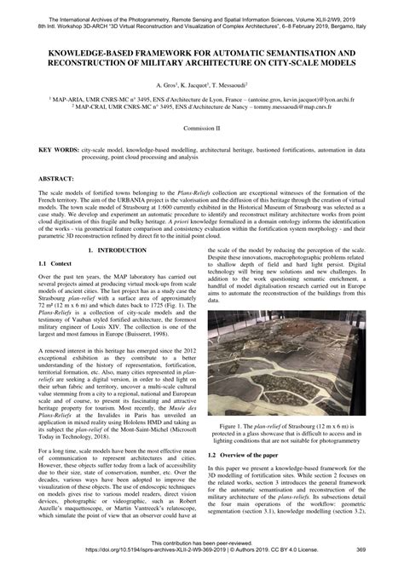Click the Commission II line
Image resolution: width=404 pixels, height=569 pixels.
pos(201,127)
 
